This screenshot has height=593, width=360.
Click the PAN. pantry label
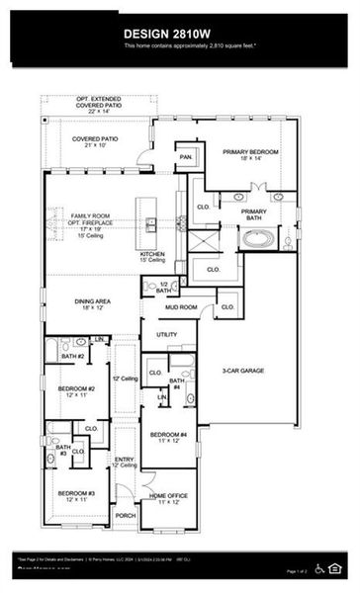pyautogui.click(x=185, y=156)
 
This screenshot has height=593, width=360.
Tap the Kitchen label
pyautogui.click(x=152, y=256)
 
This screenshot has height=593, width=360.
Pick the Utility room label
pyautogui.click(x=166, y=335)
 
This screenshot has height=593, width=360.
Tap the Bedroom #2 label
pyautogui.click(x=77, y=391)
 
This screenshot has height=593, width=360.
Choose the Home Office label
pyautogui.click(x=168, y=498)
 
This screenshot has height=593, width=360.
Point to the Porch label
pyautogui.click(x=126, y=516)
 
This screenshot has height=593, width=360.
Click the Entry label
pyautogui.click(x=124, y=462)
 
